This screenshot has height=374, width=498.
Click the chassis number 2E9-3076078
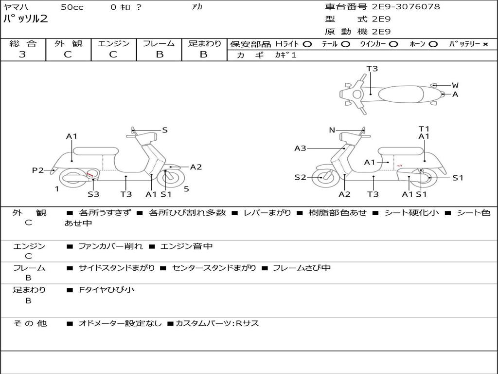pos(406,7)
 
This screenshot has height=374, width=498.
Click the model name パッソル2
pos(25,19)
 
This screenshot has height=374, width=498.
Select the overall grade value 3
pos(22,55)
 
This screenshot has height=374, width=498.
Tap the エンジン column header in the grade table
pos(113,43)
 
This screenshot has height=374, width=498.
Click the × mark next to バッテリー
pos(485,44)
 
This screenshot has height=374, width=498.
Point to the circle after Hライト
pos(307,44)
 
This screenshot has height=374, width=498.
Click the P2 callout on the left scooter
pos(38,170)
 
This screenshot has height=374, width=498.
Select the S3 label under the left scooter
pos(93,194)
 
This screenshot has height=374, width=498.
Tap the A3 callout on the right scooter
pos(300,148)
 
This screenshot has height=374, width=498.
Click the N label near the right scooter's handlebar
pos(332,130)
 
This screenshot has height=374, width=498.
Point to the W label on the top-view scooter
pos(455,85)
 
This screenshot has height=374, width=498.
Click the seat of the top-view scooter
pos(401,94)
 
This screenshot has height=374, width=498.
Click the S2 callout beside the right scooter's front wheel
pos(300,177)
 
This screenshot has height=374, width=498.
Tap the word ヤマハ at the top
pos(16,7)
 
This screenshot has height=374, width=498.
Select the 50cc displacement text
pos(72,7)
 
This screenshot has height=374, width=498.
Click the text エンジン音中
pos(186,246)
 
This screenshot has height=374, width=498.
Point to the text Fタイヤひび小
pos(107,290)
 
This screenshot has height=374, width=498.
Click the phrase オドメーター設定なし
pos(120,323)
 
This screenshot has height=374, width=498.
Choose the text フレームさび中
pos(302,268)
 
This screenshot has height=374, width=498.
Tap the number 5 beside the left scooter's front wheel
pos(186,189)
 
